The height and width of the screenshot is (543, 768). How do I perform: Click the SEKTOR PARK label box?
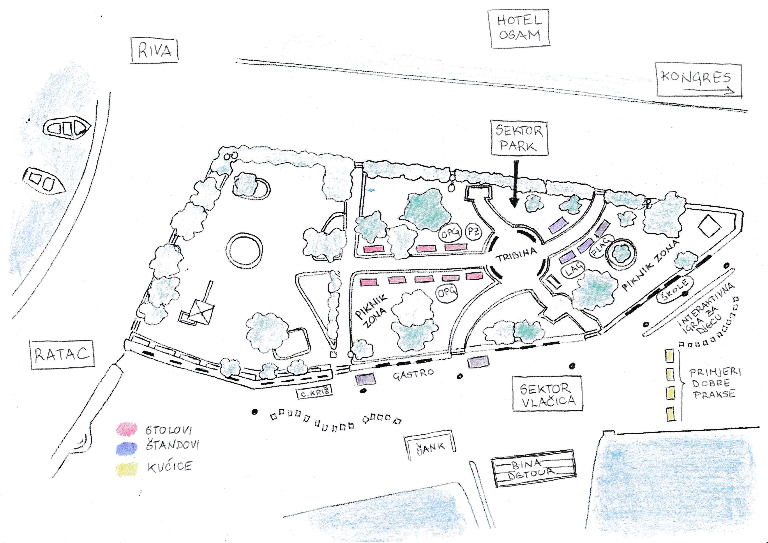pyautogui.click(x=519, y=138)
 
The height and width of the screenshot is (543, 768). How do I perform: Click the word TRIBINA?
pyautogui.click(x=516, y=255)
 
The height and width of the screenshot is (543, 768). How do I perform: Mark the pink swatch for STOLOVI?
pyautogui.click(x=126, y=429)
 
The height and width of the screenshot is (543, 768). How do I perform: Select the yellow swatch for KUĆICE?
pyautogui.click(x=126, y=468)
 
